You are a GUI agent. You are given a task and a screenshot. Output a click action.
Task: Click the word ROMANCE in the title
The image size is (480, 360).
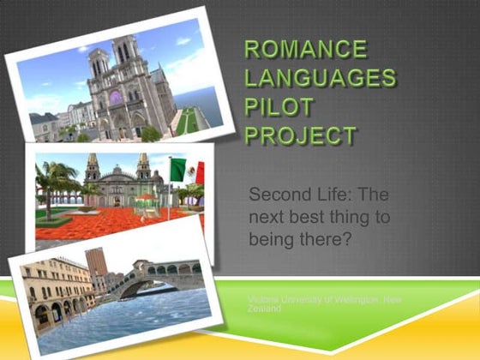click(x=305, y=50)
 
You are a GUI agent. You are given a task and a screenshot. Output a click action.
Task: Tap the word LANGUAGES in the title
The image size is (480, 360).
click(x=320, y=79)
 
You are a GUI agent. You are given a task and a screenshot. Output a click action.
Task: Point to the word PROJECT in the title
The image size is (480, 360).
click(x=301, y=135)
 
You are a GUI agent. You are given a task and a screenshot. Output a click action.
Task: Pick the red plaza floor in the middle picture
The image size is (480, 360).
click(x=111, y=221)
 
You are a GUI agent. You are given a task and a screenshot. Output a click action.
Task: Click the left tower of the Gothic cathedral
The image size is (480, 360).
click(x=97, y=64)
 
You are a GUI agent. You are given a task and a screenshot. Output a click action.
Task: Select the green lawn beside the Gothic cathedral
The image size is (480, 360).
click(x=189, y=120)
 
